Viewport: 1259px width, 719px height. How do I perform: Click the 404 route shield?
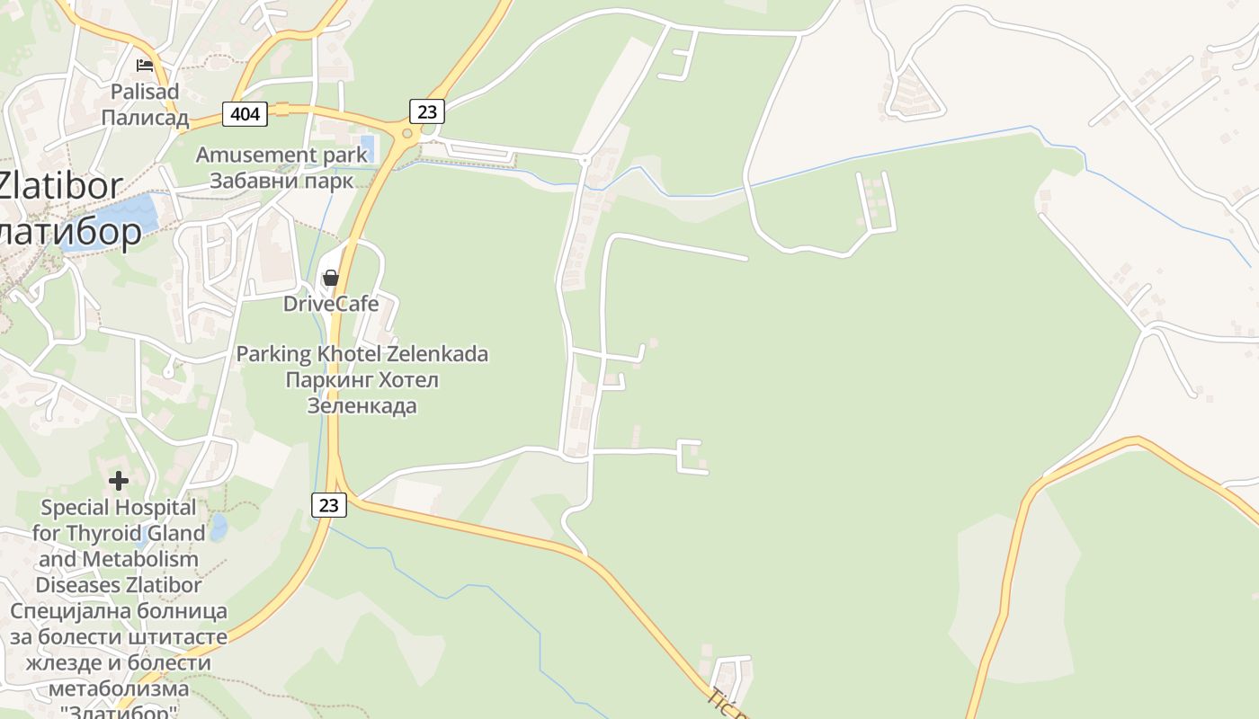point(245,113)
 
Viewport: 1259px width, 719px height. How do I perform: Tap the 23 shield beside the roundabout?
point(427,111)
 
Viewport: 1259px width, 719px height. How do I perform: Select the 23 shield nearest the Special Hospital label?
point(329,505)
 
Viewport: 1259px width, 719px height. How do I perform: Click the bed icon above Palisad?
point(145,66)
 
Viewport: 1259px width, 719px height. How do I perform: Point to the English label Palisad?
point(145,92)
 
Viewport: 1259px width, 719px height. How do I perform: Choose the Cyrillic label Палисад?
point(145,118)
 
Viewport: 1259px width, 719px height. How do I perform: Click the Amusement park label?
point(281,155)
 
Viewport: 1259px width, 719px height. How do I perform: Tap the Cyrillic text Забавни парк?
point(281,180)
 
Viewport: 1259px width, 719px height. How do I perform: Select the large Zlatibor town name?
point(59,186)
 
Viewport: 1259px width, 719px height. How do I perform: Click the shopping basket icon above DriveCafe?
point(331,278)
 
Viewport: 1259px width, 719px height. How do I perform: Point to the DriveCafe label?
point(331,304)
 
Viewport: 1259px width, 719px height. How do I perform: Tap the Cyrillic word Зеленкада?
point(362,405)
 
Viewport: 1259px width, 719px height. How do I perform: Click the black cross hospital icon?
point(119,481)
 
